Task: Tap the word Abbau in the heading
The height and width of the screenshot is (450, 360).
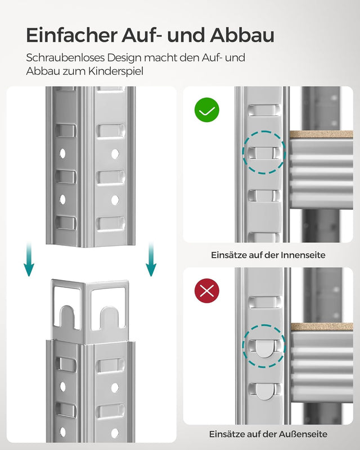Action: (242, 35)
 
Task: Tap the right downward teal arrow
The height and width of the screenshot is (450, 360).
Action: (151, 260)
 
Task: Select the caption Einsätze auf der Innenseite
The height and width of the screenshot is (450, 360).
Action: (268, 255)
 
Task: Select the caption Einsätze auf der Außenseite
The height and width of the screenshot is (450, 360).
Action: (268, 434)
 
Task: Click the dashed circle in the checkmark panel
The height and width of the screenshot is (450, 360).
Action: (263, 152)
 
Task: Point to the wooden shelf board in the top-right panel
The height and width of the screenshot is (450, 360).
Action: (322, 134)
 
